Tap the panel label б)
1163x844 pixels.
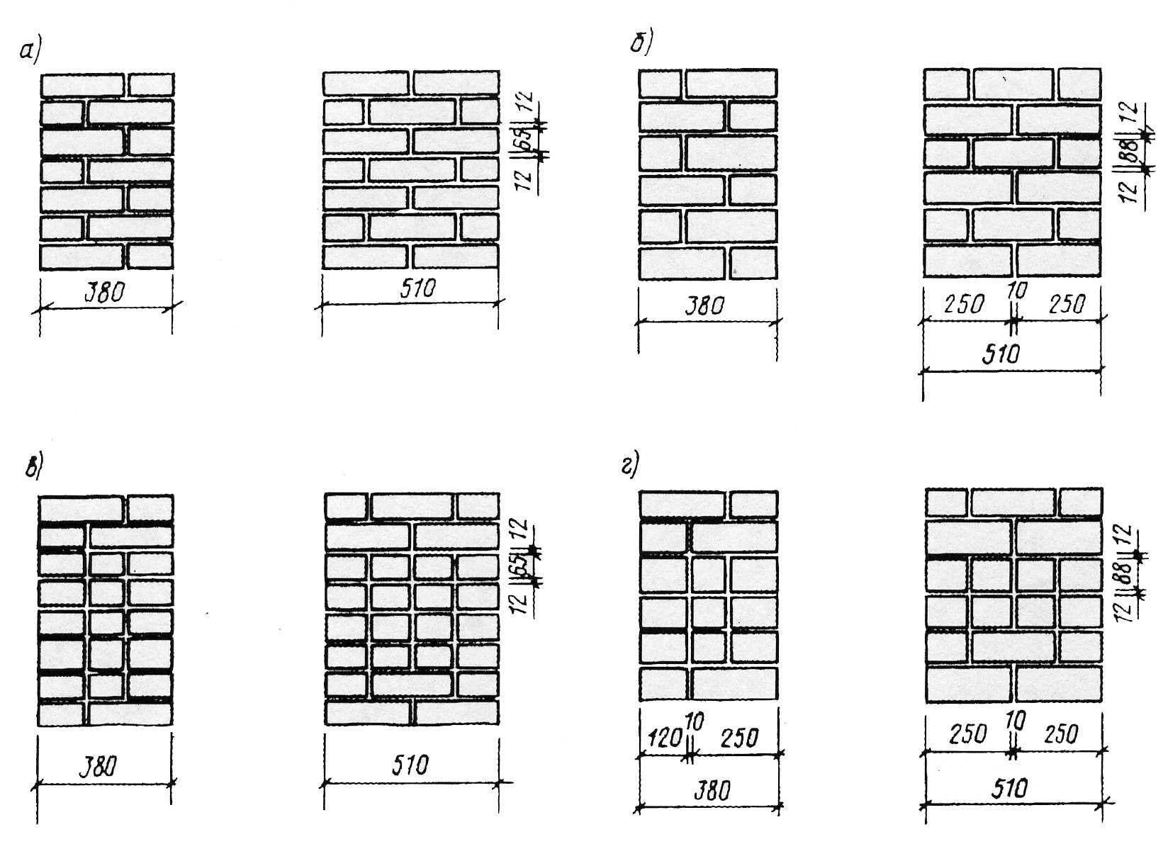pos(641,43)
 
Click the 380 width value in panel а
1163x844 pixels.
pos(104,293)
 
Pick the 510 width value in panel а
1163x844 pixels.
pos(417,288)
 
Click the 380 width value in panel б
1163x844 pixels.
pos(704,306)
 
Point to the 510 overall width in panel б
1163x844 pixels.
pos(1001,355)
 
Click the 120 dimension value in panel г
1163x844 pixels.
pos(664,738)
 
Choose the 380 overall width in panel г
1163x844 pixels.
pos(712,791)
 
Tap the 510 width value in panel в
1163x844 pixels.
pos(410,765)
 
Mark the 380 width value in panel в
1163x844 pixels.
pos(99,767)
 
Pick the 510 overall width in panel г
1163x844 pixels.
pos(1009,789)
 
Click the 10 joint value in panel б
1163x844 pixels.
pos(1016,291)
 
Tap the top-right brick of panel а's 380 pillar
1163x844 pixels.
pos(150,85)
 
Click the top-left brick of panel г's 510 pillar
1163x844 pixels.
pos(946,503)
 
